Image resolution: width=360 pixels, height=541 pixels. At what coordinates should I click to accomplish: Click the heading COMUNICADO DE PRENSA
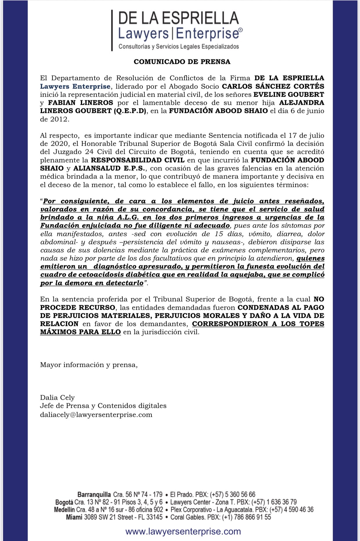click(x=182, y=62)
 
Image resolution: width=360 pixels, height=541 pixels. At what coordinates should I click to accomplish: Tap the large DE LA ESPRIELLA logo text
click(x=178, y=18)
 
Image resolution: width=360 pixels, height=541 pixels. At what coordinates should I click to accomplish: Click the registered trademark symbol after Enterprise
click(x=241, y=30)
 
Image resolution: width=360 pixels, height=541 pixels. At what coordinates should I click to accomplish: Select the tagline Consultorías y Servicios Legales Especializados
click(x=178, y=46)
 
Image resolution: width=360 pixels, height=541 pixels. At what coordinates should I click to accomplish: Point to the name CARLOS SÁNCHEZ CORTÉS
click(x=273, y=86)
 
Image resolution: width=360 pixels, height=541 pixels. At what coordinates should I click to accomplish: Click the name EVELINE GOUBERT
click(x=289, y=94)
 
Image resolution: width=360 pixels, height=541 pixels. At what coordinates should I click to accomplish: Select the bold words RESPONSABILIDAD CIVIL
click(x=138, y=160)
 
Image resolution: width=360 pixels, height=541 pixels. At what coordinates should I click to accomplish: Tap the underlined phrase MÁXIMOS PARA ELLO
click(x=80, y=332)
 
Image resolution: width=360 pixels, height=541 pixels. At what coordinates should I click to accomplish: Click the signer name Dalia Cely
click(x=57, y=397)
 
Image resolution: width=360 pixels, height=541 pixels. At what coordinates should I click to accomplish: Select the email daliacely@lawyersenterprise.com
click(x=96, y=414)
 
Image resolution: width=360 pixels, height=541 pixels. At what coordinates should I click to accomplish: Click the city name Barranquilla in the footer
click(x=94, y=494)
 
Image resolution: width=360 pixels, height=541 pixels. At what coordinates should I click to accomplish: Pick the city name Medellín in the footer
click(x=64, y=509)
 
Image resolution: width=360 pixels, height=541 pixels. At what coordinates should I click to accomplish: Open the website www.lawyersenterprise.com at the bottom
click(x=183, y=531)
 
